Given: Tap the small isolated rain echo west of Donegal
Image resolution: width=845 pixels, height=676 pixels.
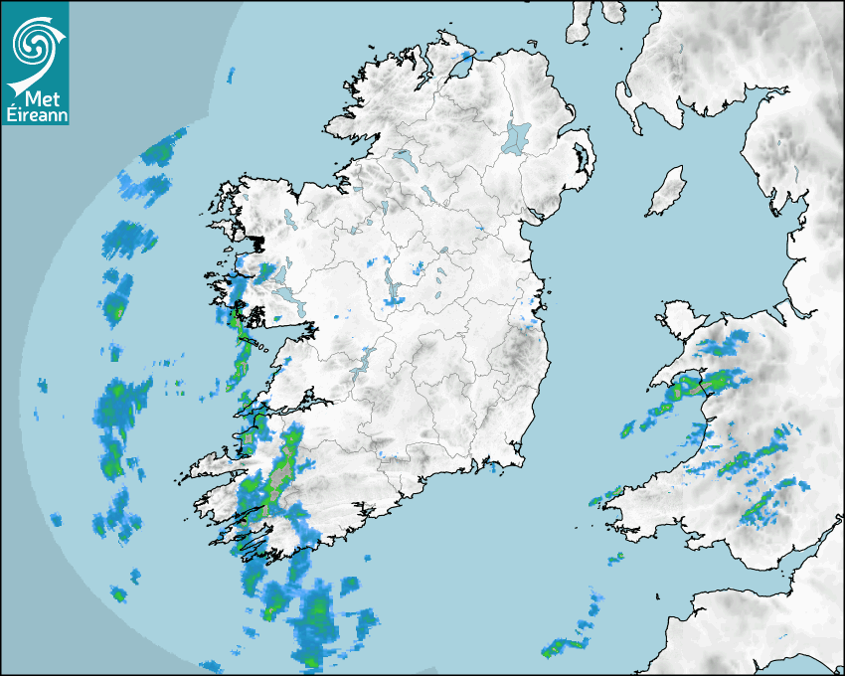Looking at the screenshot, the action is [x=231, y=75].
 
